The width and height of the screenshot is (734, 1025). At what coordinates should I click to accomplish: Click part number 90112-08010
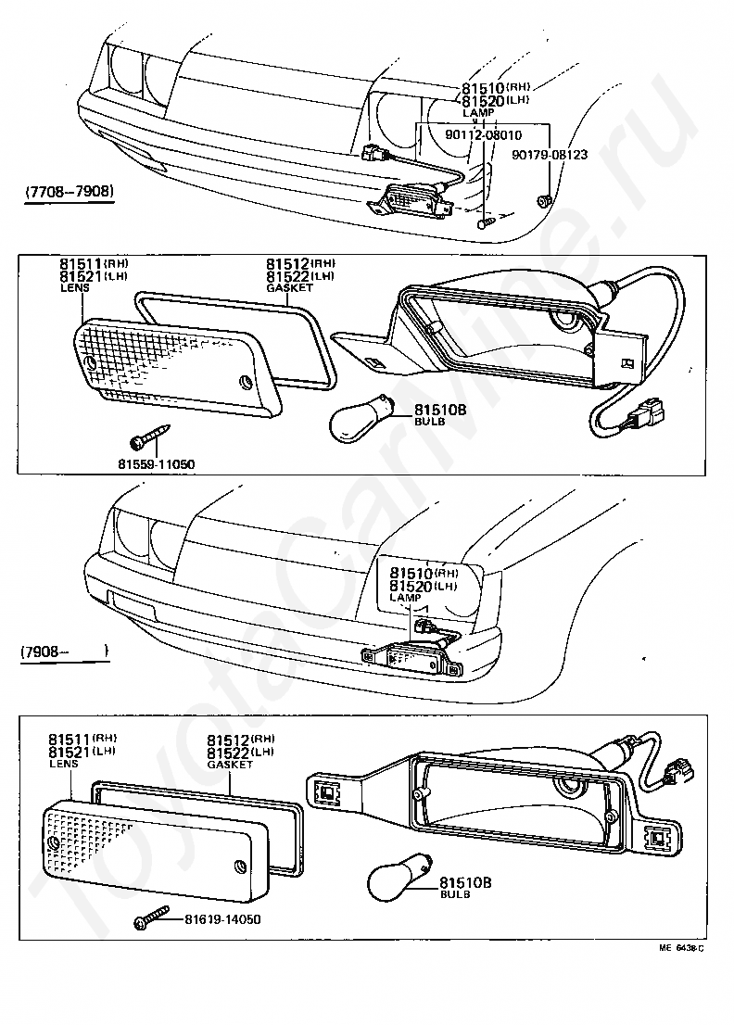[483, 134]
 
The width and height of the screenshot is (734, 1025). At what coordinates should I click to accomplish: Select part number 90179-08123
[550, 155]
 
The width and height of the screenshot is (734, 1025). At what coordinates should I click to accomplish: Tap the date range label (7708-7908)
[70, 192]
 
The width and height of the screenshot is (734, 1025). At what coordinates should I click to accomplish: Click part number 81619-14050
[222, 919]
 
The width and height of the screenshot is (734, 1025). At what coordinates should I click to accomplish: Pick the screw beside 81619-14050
[154, 920]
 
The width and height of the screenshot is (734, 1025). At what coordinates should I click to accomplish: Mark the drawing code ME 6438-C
[682, 948]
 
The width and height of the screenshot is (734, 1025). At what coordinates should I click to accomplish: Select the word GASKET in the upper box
[289, 287]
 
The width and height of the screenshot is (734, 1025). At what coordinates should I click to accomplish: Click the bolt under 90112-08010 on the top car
[485, 221]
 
